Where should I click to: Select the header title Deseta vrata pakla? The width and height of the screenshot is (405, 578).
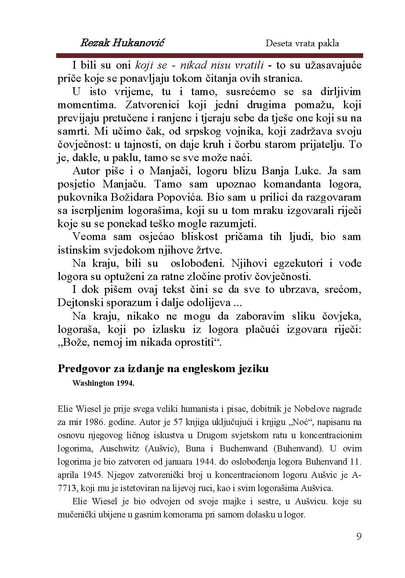[x=302, y=43]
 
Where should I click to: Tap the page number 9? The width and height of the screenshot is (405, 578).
[x=359, y=537]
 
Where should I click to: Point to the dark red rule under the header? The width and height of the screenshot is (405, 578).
[x=209, y=55]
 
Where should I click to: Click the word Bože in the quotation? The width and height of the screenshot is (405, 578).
[x=76, y=343]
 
